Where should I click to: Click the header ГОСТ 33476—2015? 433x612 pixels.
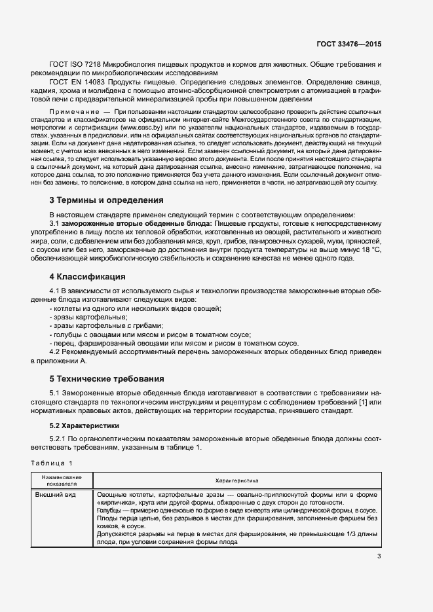tap(348, 44)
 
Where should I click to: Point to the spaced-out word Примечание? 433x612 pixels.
tap(76, 113)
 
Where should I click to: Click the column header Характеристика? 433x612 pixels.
tap(237, 480)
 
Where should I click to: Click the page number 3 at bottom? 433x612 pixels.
tap(379, 557)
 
